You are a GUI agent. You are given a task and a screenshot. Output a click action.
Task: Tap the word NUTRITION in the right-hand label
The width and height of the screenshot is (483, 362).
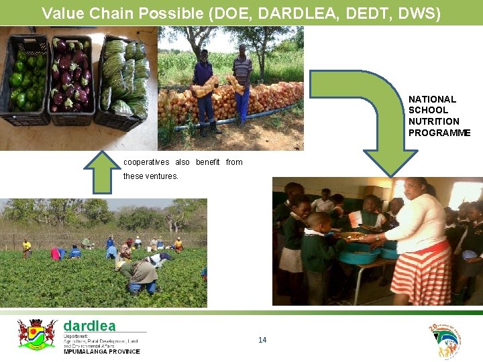(x=433, y=121)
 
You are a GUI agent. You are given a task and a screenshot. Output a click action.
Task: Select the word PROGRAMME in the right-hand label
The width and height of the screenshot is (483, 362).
(x=439, y=133)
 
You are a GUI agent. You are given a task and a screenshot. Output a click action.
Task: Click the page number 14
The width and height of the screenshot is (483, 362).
(x=262, y=340)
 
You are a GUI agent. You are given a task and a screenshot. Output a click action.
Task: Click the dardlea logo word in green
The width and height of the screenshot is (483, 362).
(x=89, y=326)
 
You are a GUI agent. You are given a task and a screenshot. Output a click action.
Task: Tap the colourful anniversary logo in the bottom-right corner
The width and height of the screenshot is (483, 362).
(x=445, y=341)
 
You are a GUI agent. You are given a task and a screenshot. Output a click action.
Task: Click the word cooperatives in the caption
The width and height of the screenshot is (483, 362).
(x=146, y=162)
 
